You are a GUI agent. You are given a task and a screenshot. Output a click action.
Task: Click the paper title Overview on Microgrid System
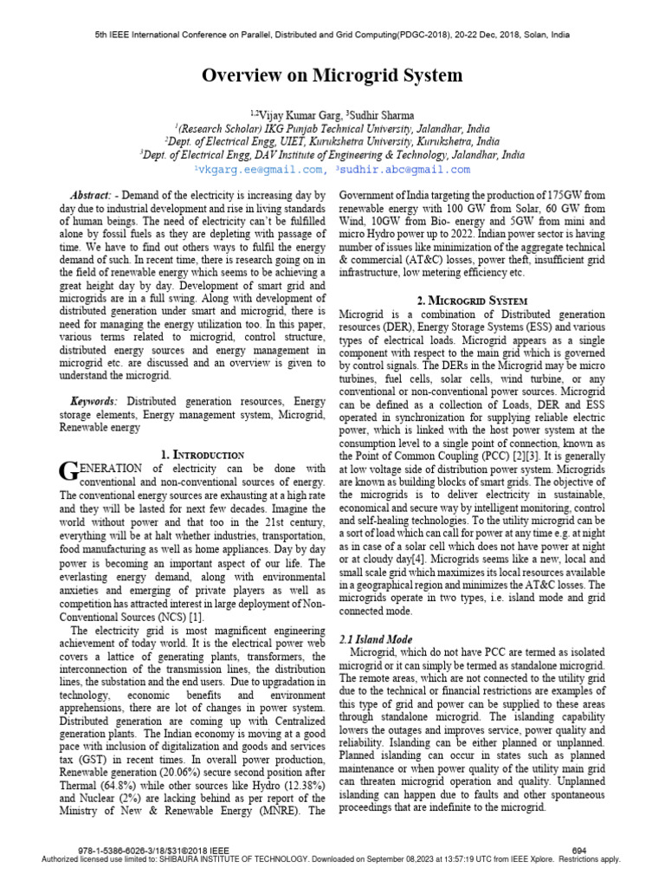[332, 76]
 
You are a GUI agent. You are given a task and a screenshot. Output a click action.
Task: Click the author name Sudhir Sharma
[382, 115]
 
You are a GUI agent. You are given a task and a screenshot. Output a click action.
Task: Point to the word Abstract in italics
[90, 197]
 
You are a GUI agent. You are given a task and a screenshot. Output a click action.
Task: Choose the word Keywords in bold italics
[94, 403]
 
